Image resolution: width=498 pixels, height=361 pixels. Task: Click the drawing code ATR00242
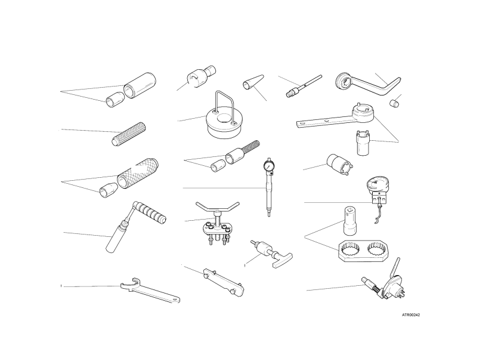tap(411, 315)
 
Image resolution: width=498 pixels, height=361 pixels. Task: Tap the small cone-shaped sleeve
tap(253, 82)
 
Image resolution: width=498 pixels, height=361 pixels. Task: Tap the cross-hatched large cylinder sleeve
tap(138, 174)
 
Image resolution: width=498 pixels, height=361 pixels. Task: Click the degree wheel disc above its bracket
tap(378, 184)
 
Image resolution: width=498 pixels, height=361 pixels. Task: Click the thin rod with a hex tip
tap(304, 87)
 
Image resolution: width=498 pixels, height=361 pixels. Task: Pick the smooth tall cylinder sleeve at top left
tap(140, 85)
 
